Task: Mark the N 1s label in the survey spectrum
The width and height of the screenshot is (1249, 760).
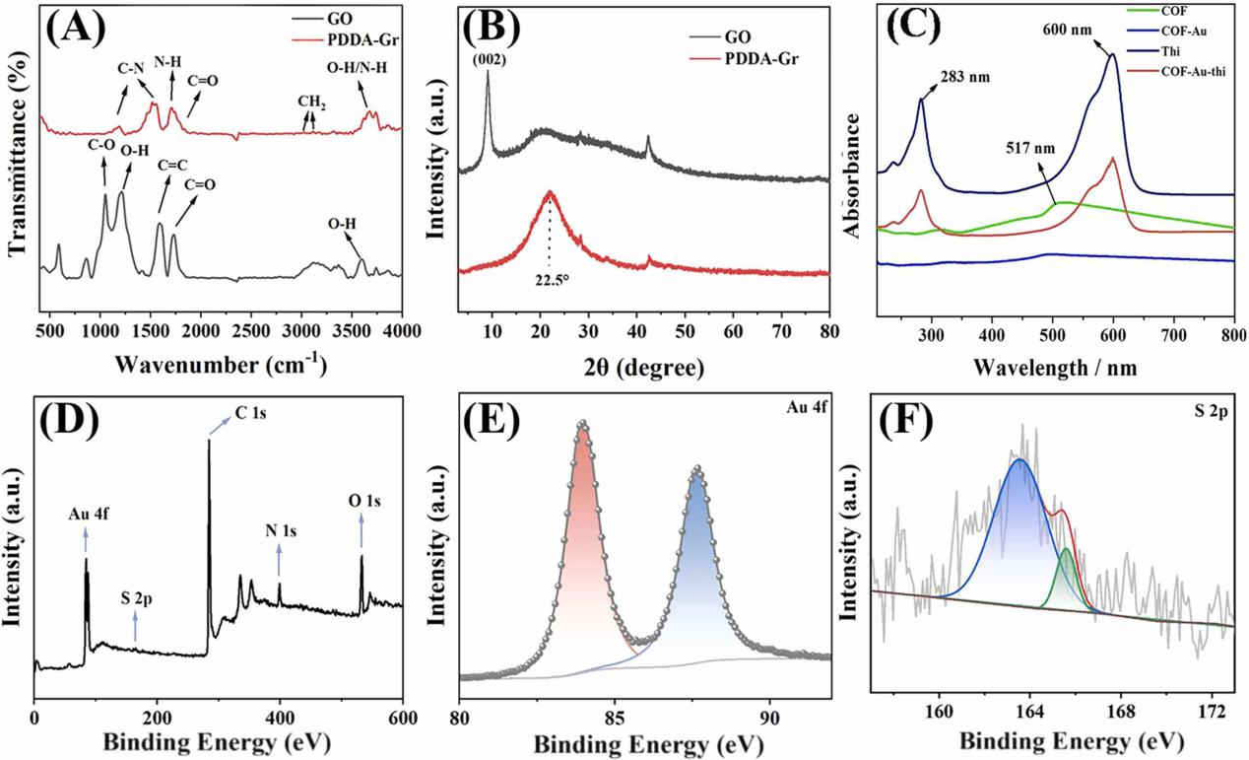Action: (x=280, y=529)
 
